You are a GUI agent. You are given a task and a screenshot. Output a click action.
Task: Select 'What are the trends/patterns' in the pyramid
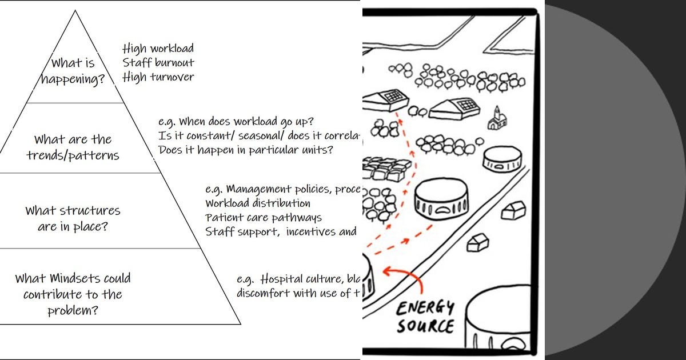pyautogui.click(x=73, y=147)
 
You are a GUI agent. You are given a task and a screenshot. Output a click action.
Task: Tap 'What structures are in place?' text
pyautogui.click(x=73, y=218)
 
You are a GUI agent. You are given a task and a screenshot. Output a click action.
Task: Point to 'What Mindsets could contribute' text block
pyautogui.click(x=73, y=294)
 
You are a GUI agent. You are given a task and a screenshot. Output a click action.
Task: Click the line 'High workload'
pyautogui.click(x=158, y=49)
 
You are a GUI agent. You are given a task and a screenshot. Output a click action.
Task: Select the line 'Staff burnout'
pyautogui.click(x=158, y=63)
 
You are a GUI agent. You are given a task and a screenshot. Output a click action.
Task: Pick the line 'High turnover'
pyautogui.click(x=158, y=77)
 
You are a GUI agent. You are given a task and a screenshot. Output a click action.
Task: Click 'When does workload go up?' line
pyautogui.click(x=236, y=122)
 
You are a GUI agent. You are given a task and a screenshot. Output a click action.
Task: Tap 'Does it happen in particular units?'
pyautogui.click(x=246, y=150)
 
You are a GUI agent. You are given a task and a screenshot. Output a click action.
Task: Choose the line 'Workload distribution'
pyautogui.click(x=258, y=203)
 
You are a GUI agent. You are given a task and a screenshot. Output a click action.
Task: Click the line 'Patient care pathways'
pyautogui.click(x=264, y=217)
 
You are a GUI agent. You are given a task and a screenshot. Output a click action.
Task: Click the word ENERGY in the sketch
pyautogui.click(x=426, y=309)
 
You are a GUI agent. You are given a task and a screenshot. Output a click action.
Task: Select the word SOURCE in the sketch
pyautogui.click(x=426, y=326)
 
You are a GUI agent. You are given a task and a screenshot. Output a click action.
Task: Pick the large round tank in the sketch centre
pyautogui.click(x=441, y=201)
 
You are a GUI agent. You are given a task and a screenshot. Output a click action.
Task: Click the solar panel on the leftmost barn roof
pyautogui.click(x=393, y=95)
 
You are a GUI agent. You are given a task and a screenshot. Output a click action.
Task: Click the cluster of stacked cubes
pyautogui.click(x=386, y=169)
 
